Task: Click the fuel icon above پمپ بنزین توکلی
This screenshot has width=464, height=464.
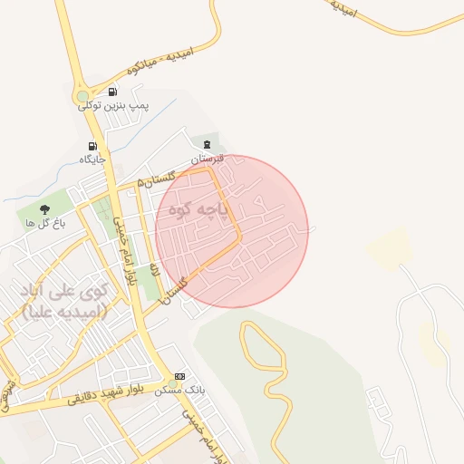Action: [112, 92]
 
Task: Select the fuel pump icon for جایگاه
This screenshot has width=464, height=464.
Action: [92, 146]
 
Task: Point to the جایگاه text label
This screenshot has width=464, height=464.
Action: [92, 159]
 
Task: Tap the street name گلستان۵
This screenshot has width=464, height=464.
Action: [155, 180]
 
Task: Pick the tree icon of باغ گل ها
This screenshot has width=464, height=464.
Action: [44, 209]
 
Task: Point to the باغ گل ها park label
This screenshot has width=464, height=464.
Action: [43, 223]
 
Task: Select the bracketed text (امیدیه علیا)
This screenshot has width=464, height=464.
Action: [63, 312]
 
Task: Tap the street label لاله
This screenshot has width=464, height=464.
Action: [155, 270]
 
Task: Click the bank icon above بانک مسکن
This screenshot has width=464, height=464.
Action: [179, 375]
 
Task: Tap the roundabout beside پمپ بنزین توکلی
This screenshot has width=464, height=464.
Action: [83, 95]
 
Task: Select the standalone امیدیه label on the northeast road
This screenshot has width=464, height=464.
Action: [342, 9]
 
